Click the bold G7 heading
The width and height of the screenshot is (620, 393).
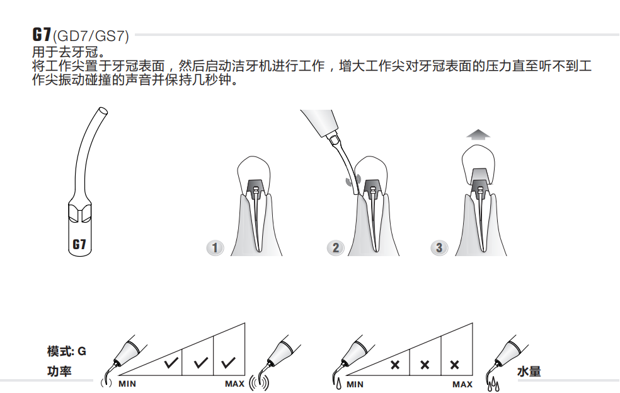42,35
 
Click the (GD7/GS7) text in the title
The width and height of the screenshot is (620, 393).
91,36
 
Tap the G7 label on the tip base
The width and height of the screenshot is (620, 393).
79,244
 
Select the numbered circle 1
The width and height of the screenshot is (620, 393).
215,248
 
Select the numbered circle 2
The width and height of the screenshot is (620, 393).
336,248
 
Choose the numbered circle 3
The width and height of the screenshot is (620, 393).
439,248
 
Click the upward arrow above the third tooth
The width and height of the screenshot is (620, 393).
478,134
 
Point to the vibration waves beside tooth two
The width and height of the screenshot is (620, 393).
353,180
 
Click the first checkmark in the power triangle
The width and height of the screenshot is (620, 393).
171,363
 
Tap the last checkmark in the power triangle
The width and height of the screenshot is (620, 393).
229,363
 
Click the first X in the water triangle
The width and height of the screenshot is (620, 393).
394,365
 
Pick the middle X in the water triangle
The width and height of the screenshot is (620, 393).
425,365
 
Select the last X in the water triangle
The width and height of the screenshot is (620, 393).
455,365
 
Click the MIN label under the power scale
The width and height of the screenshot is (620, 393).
127,384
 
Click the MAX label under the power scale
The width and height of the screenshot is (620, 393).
235,384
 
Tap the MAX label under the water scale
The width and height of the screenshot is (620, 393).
462,384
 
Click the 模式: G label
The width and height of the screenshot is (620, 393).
66,351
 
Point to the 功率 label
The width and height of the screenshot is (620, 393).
59,371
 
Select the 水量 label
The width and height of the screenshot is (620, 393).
529,372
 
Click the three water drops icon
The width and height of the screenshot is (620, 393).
493,385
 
